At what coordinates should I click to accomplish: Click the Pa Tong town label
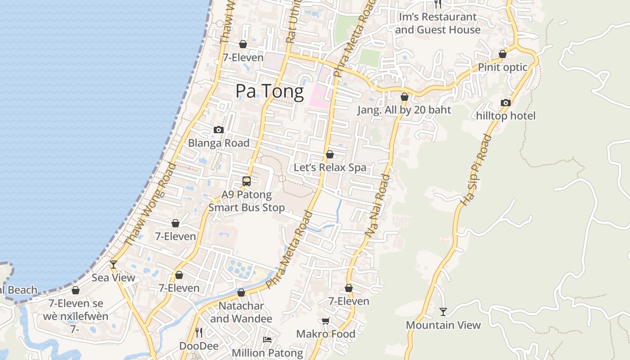click(x=270, y=92)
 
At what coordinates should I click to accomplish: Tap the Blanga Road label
click(x=219, y=143)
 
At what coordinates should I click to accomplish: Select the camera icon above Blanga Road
click(x=219, y=130)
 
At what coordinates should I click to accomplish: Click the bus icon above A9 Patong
click(x=247, y=181)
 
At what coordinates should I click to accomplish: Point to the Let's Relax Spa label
click(x=330, y=168)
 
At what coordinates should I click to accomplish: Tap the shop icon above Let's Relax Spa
click(x=330, y=155)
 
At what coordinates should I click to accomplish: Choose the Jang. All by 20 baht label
click(x=404, y=110)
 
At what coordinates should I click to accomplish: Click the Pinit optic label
click(x=503, y=67)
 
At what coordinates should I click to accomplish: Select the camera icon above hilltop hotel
click(x=506, y=103)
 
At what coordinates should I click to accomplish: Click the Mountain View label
click(x=443, y=325)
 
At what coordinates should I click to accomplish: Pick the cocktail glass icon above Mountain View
click(x=443, y=311)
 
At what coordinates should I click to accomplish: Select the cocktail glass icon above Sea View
click(x=113, y=264)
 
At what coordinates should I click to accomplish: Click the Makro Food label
click(x=326, y=334)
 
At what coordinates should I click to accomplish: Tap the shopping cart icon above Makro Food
click(x=326, y=321)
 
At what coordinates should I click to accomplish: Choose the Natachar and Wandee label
click(x=241, y=312)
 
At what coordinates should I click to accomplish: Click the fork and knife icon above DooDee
click(x=199, y=333)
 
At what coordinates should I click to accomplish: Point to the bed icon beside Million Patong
click(x=267, y=340)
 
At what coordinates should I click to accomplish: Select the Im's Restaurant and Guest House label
click(x=437, y=23)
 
